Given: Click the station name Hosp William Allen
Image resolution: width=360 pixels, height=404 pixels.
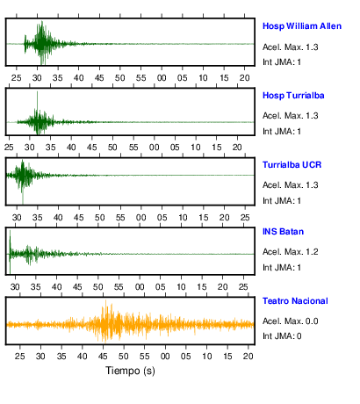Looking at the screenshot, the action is pyautogui.click(x=302, y=26).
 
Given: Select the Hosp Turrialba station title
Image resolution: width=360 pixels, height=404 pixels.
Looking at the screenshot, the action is pyautogui.click(x=293, y=96).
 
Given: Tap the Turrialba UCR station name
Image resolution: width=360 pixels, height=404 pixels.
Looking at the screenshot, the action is pyautogui.click(x=292, y=165).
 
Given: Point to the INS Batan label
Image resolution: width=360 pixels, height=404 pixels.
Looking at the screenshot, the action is pyautogui.click(x=283, y=232).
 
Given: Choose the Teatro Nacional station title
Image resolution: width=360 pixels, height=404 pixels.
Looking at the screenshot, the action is pyautogui.click(x=295, y=301).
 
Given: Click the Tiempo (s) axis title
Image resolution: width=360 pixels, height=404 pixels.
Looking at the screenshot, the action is pyautogui.click(x=130, y=371).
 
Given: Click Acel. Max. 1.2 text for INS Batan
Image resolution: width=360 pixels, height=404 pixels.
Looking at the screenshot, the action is pyautogui.click(x=290, y=252).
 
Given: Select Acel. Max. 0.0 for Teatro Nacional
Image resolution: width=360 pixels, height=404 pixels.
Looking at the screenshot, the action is pyautogui.click(x=290, y=321).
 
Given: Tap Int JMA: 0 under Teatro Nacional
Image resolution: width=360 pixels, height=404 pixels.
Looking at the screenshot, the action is pyautogui.click(x=282, y=335).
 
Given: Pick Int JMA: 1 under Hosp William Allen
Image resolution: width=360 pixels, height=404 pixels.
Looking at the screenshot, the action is pyautogui.click(x=282, y=62).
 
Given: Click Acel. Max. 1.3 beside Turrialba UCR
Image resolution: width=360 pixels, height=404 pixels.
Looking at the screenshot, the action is pyautogui.click(x=290, y=185).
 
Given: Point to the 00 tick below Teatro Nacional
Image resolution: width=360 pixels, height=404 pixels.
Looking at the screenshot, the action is pyautogui.click(x=165, y=357).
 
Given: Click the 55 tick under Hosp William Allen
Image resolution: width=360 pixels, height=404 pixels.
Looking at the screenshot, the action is pyautogui.click(x=140, y=78).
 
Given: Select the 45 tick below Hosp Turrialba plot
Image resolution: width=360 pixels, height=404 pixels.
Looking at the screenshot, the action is pyautogui.click(x=91, y=148).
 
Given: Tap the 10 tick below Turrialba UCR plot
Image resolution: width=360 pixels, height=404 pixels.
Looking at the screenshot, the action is pyautogui.click(x=183, y=218).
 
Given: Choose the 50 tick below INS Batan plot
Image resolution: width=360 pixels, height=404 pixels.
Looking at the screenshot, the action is pyautogui.click(x=97, y=287).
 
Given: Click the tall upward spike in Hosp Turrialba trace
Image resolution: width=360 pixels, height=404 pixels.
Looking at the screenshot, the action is pyautogui.click(x=37, y=99).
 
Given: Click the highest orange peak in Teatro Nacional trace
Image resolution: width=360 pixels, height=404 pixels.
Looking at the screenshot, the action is pyautogui.click(x=105, y=306).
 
